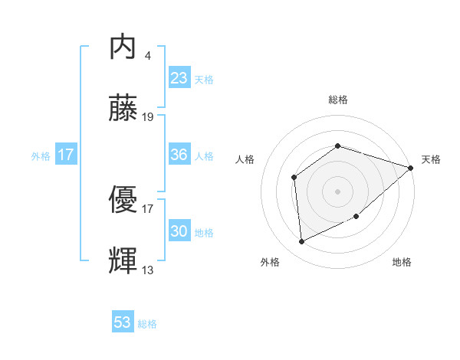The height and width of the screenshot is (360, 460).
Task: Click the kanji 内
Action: pyautogui.click(x=123, y=47)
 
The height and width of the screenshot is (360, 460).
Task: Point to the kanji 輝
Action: pyautogui.click(x=123, y=260)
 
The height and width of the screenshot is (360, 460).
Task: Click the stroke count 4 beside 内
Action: pyautogui.click(x=147, y=56)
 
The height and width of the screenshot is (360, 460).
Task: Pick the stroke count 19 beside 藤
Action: pyautogui.click(x=148, y=117)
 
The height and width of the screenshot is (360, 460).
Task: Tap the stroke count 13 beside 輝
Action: pyautogui.click(x=148, y=270)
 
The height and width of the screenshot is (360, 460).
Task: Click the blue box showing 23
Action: pyautogui.click(x=179, y=78)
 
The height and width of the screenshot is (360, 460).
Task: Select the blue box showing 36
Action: pyautogui.click(x=179, y=155)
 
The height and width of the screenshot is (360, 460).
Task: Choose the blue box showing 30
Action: pyautogui.click(x=179, y=231)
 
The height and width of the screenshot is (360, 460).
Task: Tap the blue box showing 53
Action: pyautogui.click(x=123, y=322)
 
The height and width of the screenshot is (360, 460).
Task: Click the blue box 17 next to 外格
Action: pyautogui.click(x=66, y=155)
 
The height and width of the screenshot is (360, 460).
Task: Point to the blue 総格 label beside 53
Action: pyautogui.click(x=147, y=324)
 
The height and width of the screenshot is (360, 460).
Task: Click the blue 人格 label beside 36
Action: pyautogui.click(x=204, y=155)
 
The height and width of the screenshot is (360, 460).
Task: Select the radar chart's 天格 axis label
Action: pyautogui.click(x=431, y=159)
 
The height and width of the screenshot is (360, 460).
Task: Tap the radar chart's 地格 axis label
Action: pyautogui.click(x=402, y=262)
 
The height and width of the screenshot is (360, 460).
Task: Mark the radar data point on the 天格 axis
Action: pyautogui.click(x=411, y=168)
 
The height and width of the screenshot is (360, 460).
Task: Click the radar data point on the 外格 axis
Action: pyautogui.click(x=302, y=241)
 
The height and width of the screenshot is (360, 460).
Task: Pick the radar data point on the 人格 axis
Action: pyautogui.click(x=294, y=178)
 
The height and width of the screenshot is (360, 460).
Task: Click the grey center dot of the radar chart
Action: pyautogui.click(x=337, y=191)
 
